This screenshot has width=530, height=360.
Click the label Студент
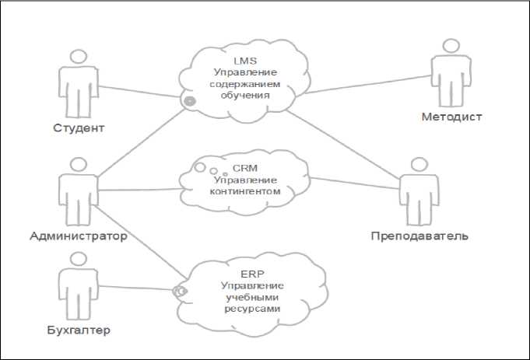tap(79, 128)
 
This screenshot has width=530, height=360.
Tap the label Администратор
tap(79, 236)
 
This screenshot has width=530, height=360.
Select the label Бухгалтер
tap(79, 330)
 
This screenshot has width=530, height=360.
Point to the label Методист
tap(451, 117)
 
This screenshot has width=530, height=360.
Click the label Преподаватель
tap(419, 236)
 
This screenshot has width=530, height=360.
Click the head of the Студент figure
tap(79, 57)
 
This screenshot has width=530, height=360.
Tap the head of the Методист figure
tap(451, 46)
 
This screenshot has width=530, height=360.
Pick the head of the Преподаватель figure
tap(419, 165)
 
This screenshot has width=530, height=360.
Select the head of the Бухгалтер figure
tap(79, 259)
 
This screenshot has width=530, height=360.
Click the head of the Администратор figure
tap(79, 165)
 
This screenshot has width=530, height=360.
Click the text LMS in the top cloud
tap(245, 61)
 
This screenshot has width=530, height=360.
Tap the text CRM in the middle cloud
tap(245, 168)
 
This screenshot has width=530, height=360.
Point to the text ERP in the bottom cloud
tap(252, 274)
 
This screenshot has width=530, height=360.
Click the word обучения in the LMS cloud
tap(245, 96)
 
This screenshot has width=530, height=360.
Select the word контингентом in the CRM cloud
tap(245, 191)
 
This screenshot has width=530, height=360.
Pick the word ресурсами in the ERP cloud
tap(252, 309)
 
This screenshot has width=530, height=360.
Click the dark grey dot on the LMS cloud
tap(190, 100)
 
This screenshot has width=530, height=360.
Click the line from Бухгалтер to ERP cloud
tap(136, 288)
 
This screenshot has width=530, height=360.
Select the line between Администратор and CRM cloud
tap(140, 190)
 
